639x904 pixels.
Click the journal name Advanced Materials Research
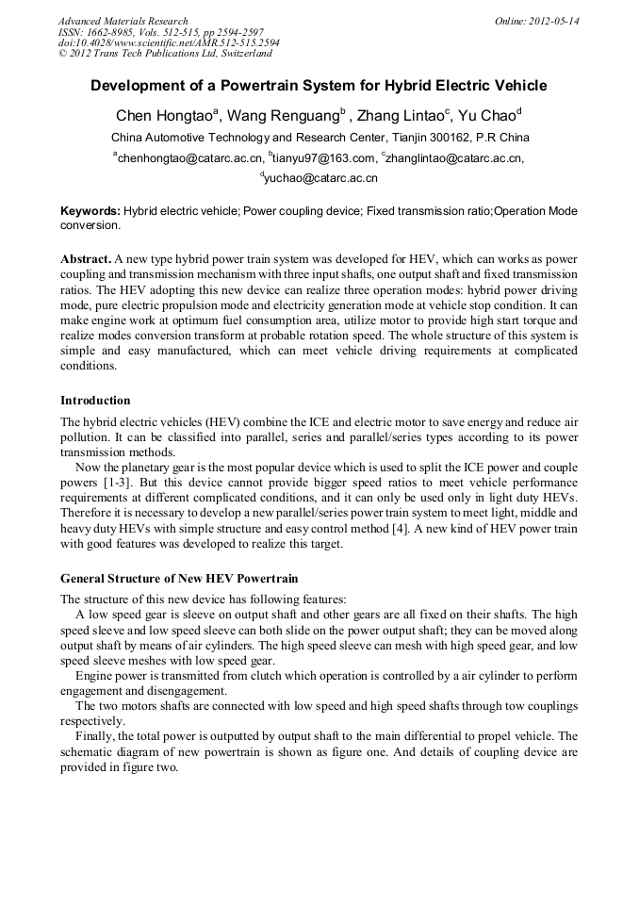[x=123, y=21]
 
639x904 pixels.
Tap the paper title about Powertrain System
[x=319, y=86]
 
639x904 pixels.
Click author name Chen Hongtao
[x=163, y=117]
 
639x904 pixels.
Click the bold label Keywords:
[x=90, y=211]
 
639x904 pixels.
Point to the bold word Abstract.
[x=86, y=258]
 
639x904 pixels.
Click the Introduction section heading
[x=95, y=401]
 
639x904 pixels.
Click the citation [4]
[x=403, y=528]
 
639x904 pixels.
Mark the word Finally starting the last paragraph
[x=97, y=735]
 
